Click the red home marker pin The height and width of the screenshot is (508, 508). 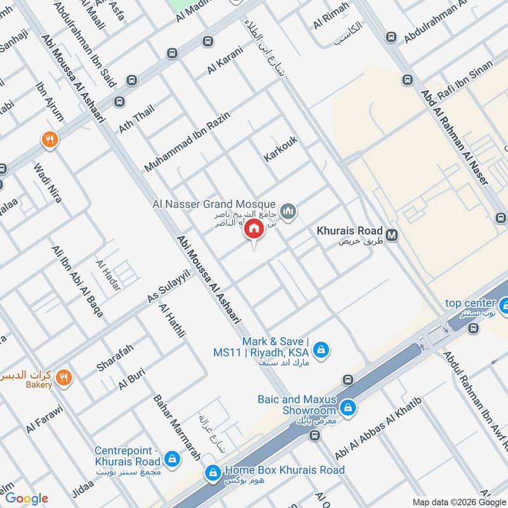(x=254, y=229)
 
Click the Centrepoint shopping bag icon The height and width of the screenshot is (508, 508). (x=171, y=458)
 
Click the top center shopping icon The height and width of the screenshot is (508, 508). (x=502, y=306)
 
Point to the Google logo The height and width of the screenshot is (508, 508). (x=27, y=498)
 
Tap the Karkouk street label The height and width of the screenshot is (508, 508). (x=281, y=148)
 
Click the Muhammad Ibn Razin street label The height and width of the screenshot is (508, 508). (x=186, y=140)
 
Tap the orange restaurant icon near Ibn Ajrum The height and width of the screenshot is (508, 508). (x=50, y=140)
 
